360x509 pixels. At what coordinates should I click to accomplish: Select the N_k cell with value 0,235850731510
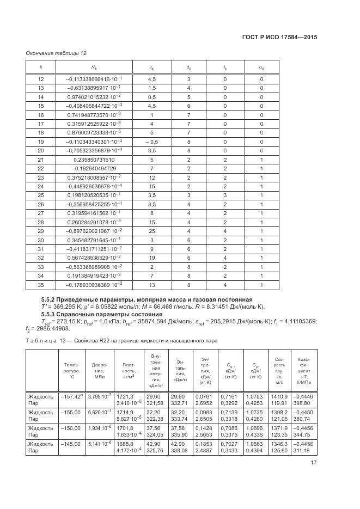[94, 160]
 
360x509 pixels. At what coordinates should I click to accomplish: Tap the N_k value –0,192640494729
[94, 169]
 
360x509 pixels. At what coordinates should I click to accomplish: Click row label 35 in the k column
[40, 285]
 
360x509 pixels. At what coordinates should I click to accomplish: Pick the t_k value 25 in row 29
[152, 231]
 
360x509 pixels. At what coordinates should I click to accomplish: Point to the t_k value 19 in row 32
[152, 257]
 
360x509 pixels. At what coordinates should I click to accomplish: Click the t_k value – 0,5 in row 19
[152, 142]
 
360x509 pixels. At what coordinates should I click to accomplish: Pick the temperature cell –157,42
[71, 396]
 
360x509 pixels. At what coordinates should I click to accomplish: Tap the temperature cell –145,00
[71, 445]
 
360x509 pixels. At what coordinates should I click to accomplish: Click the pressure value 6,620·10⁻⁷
[99, 413]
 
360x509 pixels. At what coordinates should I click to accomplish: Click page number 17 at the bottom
[314, 463]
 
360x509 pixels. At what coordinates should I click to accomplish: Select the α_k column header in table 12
[261, 67]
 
